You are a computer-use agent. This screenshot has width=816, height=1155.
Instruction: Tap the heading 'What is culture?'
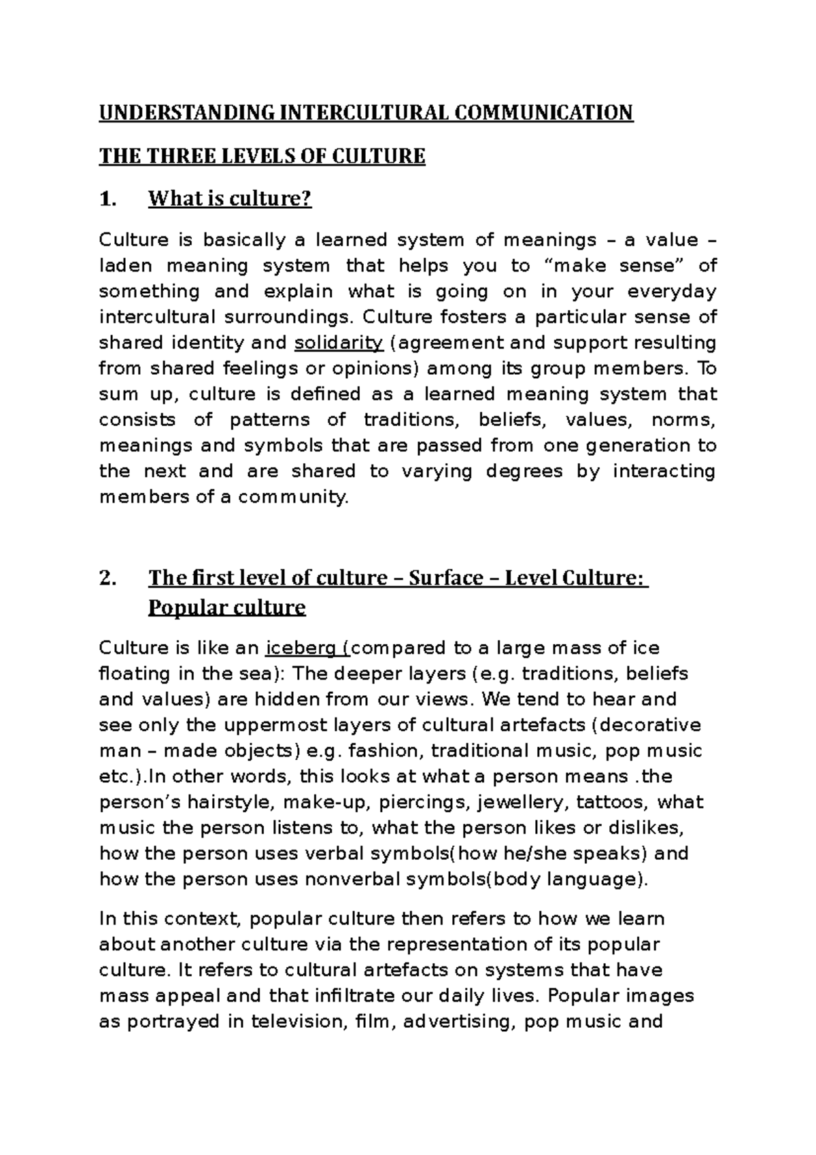[230, 199]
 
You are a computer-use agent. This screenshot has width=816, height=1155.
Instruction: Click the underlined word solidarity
[339, 343]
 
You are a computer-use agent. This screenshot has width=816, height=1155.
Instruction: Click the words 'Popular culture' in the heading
[226, 607]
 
